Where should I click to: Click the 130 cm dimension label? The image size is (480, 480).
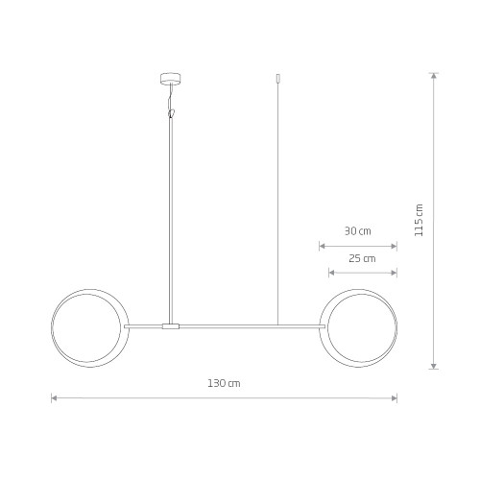(x=224, y=383)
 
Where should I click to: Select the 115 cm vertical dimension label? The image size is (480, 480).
(x=419, y=220)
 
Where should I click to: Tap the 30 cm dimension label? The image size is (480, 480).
(x=358, y=231)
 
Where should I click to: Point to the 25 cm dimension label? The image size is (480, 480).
(x=362, y=258)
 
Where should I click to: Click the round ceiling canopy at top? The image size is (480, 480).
(x=171, y=79)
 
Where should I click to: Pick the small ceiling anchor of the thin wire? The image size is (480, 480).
(x=277, y=79)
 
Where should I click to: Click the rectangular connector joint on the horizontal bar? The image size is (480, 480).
(x=171, y=326)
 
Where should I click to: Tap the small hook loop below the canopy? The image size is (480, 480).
(x=172, y=113)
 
